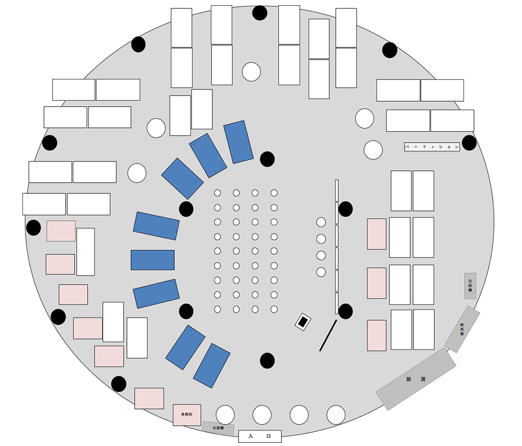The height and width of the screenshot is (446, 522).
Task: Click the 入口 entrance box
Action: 259,436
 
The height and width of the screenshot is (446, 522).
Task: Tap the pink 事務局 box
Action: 187,415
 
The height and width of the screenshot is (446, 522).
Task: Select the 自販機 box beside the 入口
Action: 218,428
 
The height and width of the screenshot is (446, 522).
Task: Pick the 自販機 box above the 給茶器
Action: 470,286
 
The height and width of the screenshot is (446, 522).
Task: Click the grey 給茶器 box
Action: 462,329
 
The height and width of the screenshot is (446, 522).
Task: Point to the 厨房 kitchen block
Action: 416,379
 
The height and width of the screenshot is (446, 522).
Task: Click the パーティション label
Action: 432,147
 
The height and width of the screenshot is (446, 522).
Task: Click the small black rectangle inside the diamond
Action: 303,322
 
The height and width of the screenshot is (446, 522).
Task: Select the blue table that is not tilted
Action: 152,260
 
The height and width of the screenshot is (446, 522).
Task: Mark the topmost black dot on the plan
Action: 259,13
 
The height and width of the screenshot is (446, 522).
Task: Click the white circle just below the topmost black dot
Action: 251,72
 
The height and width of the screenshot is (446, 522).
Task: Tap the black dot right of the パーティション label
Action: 469,143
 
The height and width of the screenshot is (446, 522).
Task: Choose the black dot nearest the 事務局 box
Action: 119,384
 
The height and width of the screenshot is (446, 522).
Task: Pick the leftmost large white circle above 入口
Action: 226,415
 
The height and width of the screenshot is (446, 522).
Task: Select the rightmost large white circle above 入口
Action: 336,415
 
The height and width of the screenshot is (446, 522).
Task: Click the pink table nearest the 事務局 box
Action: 149,398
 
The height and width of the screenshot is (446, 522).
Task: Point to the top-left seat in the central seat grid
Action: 218,193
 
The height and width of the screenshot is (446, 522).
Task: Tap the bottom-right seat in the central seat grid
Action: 274,309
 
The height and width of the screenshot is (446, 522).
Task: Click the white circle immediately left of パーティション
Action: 373,150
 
